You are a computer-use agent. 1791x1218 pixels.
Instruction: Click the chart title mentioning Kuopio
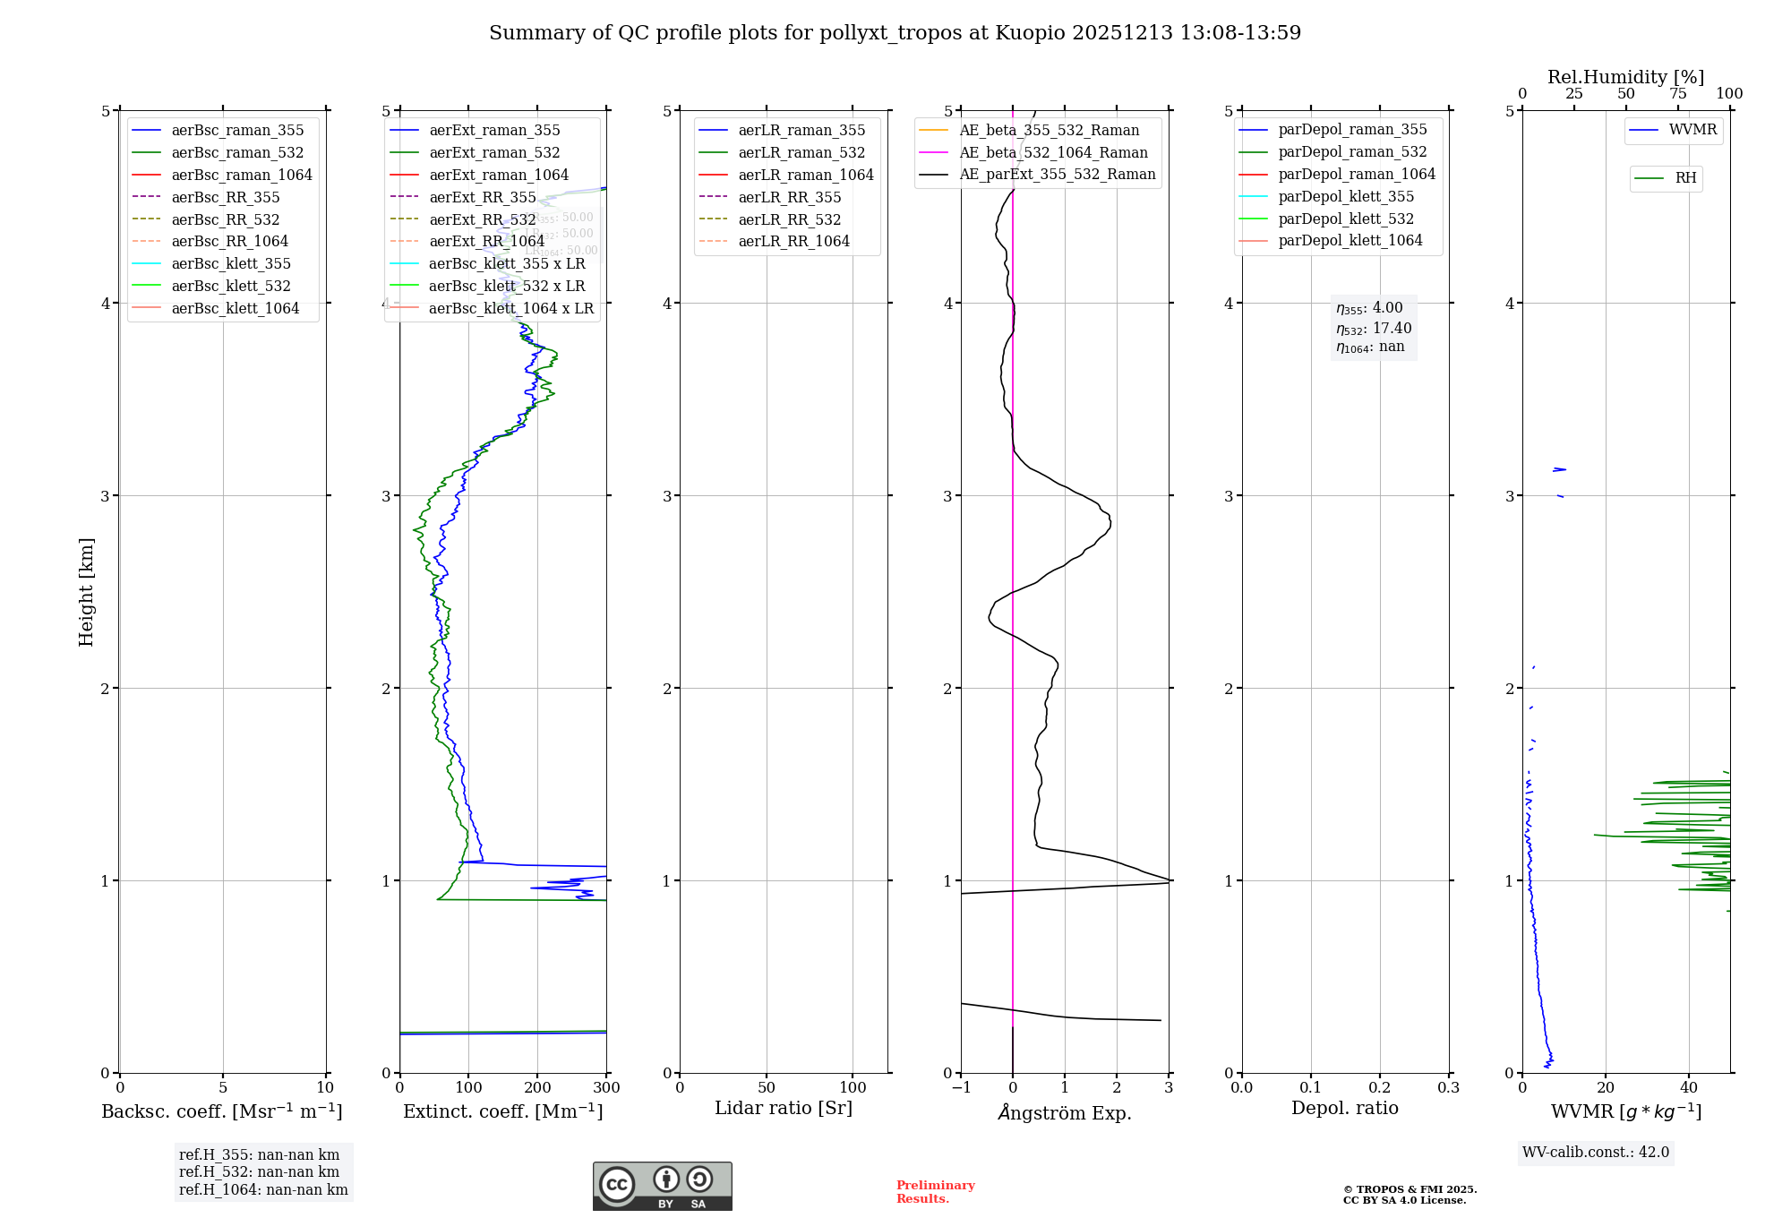coord(895,33)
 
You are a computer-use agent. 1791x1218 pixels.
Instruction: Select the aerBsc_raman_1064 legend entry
coord(242,175)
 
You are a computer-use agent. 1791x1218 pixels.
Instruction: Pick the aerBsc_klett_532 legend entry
coord(231,286)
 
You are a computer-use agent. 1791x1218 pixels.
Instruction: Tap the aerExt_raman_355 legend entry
coord(494,131)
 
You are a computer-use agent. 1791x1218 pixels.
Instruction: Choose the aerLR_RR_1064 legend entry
coord(793,241)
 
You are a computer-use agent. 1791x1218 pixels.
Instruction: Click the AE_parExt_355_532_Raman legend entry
coord(1057,174)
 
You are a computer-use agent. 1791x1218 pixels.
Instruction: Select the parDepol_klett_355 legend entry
coord(1346,196)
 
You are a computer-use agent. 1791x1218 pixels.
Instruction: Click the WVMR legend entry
coord(1692,130)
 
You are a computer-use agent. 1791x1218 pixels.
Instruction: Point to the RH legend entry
coord(1685,178)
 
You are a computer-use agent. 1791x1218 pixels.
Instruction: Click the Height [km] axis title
coord(86,591)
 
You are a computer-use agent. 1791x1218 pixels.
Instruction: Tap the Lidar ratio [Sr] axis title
coord(784,1108)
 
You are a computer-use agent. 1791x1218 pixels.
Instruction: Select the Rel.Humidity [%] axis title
coord(1625,77)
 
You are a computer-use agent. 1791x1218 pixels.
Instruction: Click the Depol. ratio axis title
coord(1344,1108)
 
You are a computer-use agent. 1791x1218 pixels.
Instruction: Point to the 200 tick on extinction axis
coord(537,1088)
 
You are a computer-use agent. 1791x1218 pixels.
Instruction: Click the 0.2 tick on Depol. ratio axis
coord(1380,1088)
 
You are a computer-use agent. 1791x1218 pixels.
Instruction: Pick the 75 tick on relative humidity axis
coord(1677,94)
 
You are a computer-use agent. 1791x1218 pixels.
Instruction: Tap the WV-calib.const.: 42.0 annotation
coord(1595,1152)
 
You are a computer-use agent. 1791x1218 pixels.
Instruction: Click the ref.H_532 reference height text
coord(259,1171)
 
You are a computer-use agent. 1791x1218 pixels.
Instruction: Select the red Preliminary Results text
coord(935,1191)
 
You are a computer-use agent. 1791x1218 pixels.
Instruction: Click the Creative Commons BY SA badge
coord(662,1186)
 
